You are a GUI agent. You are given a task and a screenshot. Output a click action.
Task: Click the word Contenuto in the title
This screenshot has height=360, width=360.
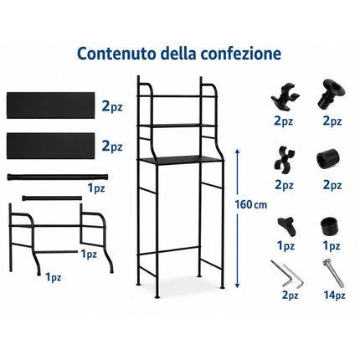point(116,54)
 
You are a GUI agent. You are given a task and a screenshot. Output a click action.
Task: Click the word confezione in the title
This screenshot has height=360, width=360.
point(241,54)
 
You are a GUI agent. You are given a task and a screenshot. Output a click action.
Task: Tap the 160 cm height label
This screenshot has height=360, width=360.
point(250,205)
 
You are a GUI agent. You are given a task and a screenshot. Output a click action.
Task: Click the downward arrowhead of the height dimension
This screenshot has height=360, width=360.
point(237,285)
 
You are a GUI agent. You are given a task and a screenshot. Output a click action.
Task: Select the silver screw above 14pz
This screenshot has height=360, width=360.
point(333,274)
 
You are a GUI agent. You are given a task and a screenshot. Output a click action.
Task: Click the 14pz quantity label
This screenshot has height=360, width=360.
point(334,295)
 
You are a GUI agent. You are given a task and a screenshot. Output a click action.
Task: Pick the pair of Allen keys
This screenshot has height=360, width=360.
point(287,274)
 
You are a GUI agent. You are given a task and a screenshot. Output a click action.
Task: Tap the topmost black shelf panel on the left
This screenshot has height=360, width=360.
point(50,105)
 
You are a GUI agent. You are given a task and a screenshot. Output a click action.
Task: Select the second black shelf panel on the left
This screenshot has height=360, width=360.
point(50,146)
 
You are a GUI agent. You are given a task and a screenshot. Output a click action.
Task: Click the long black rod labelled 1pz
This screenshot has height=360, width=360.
point(58,177)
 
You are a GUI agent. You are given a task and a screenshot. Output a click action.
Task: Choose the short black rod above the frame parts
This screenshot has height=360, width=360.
point(52,198)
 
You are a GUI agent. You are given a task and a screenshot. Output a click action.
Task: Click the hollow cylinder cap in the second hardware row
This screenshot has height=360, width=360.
point(327,160)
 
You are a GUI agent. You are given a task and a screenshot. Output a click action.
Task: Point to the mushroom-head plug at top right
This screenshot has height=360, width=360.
point(331,95)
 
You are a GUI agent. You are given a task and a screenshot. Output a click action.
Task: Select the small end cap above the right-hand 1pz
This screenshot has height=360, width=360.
point(330,227)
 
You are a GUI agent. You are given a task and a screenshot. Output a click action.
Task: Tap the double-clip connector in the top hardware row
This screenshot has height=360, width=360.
point(285,96)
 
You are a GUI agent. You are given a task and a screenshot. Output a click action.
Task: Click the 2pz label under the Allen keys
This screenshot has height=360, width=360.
point(290,295)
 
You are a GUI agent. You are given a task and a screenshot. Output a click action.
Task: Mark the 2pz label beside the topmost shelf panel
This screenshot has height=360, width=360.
point(112,106)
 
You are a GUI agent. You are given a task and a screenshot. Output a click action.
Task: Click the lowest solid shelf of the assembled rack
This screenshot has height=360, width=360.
point(180,160)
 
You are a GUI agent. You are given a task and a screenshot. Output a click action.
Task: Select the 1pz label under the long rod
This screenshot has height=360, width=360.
point(96,188)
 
